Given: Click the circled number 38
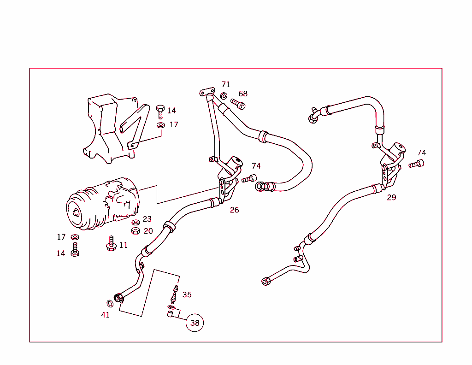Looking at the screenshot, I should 195,323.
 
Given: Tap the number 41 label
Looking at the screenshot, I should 106,315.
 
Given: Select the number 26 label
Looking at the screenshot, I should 234,210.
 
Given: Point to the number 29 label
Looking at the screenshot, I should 391,198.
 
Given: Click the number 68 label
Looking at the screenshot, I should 243,94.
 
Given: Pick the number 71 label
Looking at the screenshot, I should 225,85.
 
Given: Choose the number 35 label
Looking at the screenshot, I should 187,295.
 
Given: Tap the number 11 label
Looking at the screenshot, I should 124,245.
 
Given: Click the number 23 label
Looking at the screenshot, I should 147,219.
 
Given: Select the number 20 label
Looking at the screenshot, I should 148,231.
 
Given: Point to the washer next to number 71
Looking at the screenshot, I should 224,96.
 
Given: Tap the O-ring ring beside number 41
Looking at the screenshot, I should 110,303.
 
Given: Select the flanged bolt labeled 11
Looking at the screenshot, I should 111,244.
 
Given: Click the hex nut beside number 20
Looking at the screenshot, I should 136,230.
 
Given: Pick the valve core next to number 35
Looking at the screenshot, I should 175,293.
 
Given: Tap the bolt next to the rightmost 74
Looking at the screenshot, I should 416,164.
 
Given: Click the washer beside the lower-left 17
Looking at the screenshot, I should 75,237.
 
